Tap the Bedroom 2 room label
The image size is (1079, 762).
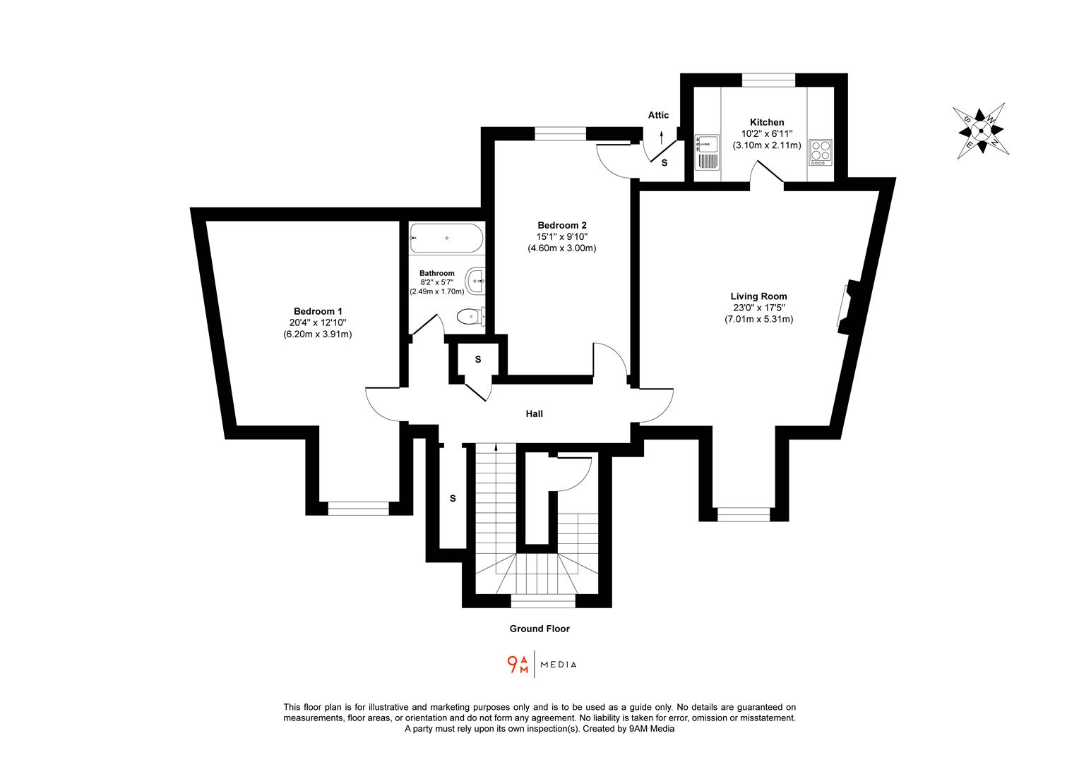[562, 225]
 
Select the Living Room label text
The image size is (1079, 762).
[758, 296]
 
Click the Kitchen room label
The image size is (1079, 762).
[767, 122]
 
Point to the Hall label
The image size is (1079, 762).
[534, 414]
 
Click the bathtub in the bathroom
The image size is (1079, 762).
[446, 238]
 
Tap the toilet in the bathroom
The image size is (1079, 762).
[470, 317]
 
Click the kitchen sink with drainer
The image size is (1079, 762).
[706, 152]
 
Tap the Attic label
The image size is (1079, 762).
[658, 115]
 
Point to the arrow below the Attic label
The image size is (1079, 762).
[662, 137]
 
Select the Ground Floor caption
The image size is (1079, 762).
[539, 629]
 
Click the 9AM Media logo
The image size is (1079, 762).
[542, 665]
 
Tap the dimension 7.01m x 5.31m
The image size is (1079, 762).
[758, 319]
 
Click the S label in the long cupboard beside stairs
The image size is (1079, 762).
[453, 498]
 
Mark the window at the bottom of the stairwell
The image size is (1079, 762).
[542, 601]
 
